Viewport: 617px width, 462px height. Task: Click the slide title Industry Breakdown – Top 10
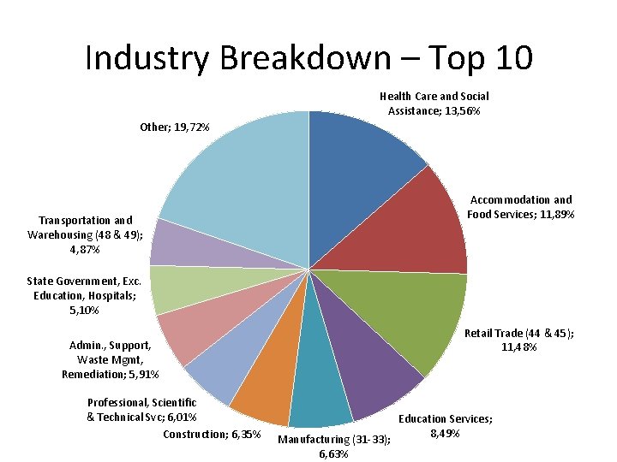308,58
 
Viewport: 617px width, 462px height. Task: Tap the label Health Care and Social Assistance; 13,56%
434,104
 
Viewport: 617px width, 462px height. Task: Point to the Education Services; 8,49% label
445,426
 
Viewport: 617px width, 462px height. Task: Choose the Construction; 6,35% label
212,434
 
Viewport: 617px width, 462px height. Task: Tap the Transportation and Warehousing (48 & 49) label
86,234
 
